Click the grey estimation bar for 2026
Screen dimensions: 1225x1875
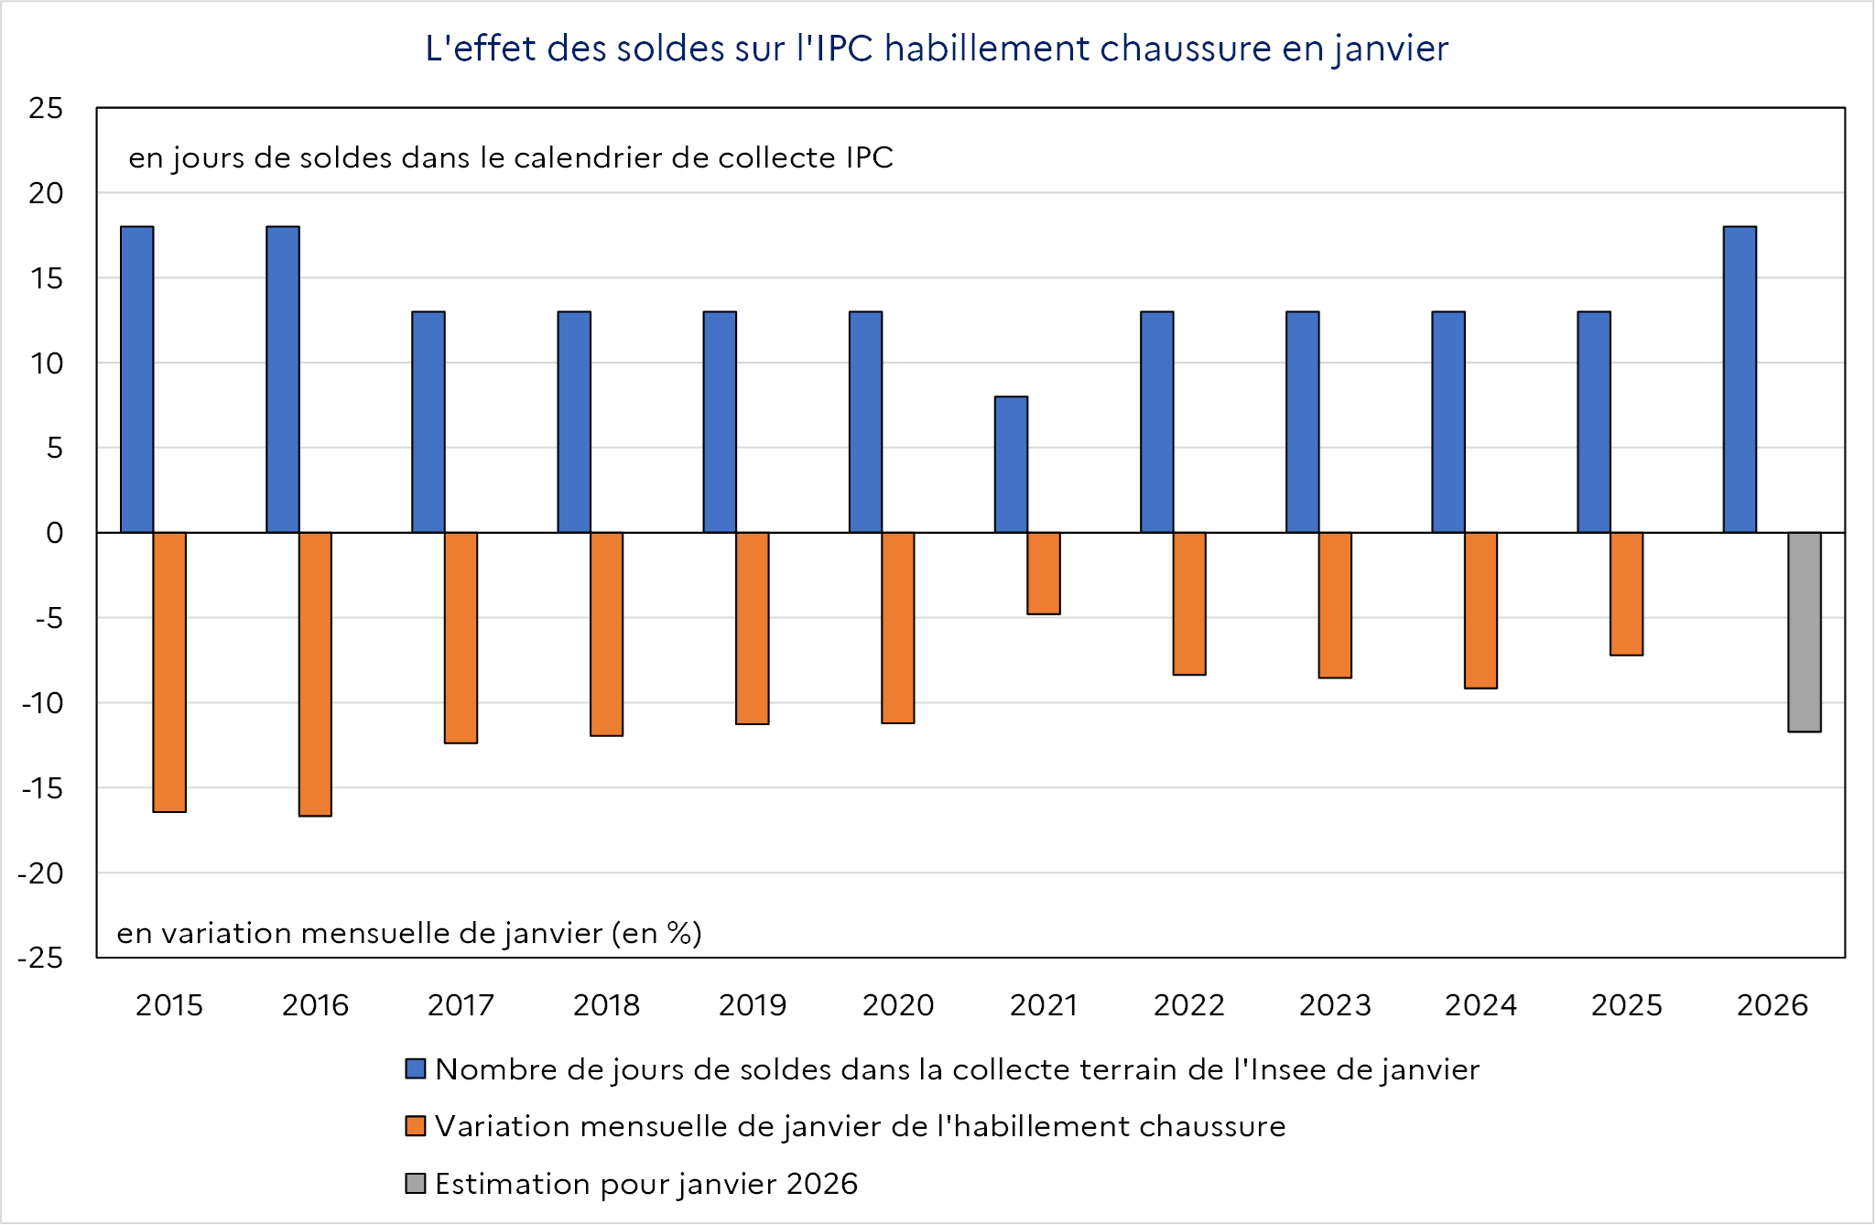click(x=1804, y=632)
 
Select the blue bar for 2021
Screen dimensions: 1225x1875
click(x=1011, y=464)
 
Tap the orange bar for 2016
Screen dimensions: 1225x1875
click(x=315, y=674)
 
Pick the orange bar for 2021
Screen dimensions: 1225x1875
click(x=1044, y=573)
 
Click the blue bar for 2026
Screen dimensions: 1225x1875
click(x=1740, y=379)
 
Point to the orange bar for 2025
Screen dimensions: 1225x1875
click(x=1626, y=593)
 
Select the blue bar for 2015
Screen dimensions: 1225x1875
click(x=137, y=379)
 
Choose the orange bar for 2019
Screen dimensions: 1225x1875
click(x=753, y=628)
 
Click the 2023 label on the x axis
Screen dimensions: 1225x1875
click(x=1335, y=1005)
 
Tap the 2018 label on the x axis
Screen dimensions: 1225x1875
click(x=606, y=1005)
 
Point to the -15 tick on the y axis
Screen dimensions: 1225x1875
click(x=42, y=788)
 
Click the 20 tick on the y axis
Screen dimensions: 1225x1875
click(x=46, y=193)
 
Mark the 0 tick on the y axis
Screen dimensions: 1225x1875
click(x=54, y=533)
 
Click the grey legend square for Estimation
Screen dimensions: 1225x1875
click(x=416, y=1183)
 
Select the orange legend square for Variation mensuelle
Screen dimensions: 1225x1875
click(x=416, y=1126)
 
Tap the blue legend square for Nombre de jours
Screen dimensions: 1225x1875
click(x=416, y=1068)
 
